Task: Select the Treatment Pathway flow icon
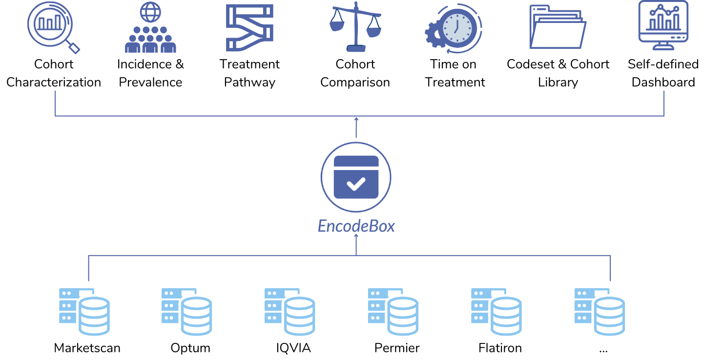tap(249, 28)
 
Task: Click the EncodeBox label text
tap(356, 226)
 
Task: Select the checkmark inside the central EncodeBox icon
tap(356, 184)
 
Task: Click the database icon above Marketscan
tap(84, 312)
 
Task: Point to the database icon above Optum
tap(187, 312)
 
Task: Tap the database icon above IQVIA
tap(290, 312)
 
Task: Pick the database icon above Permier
tap(393, 312)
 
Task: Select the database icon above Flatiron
tap(496, 312)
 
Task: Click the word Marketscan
tap(87, 348)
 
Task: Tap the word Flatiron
tap(500, 348)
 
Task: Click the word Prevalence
tap(150, 82)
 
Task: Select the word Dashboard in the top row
tap(663, 82)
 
